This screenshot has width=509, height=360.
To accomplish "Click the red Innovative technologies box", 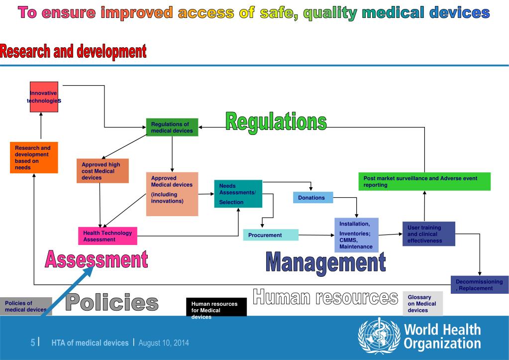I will point(44,97).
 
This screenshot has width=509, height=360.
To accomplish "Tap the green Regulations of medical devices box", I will point(172,127).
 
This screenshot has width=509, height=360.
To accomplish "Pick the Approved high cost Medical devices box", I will point(102,171).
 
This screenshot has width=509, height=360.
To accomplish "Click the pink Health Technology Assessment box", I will point(107,236).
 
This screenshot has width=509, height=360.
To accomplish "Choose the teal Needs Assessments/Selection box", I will point(238,194).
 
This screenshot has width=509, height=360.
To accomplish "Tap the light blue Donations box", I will point(312,198).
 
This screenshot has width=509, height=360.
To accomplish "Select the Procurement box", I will point(271,235).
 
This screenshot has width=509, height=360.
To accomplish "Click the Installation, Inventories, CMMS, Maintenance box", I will point(356,235).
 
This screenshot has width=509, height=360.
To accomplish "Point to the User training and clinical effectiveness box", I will point(428,234).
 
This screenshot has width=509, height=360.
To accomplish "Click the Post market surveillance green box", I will point(424,181).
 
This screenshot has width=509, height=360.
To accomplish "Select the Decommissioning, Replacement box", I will point(479,285).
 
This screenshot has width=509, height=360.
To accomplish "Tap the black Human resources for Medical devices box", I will point(216,308).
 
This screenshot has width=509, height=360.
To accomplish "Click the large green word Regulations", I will point(276,121).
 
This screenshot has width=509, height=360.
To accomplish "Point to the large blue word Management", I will point(325,262).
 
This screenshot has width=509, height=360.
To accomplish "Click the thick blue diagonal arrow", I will point(70,289).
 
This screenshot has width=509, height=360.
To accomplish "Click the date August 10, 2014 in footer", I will point(164,343).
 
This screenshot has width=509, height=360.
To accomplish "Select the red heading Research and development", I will point(73,51).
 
